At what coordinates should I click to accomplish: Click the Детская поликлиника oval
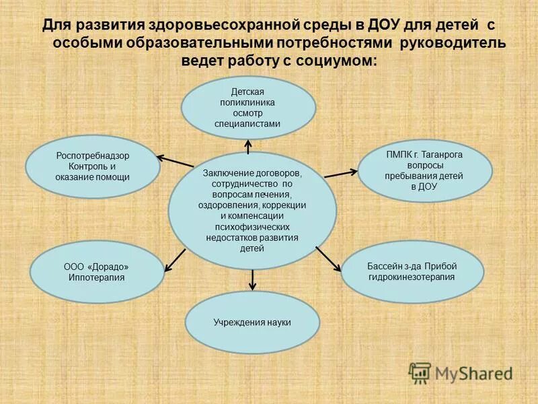coord(248,107)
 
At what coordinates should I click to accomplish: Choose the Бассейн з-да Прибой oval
coord(412,271)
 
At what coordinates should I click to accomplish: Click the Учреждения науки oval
coord(252,323)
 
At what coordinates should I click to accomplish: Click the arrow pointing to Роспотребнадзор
coord(175,162)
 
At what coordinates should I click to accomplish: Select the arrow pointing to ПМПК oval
coord(341,173)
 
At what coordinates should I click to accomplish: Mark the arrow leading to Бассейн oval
coord(329,259)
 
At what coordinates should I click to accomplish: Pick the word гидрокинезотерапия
coord(412,277)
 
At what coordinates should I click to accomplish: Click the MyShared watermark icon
coord(420,372)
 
